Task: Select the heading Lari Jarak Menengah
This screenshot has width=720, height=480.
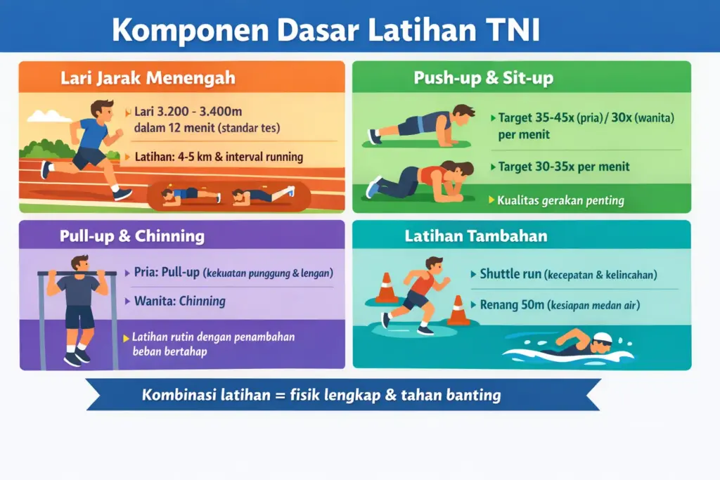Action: (x=148, y=78)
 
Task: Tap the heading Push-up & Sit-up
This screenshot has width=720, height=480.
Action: (x=483, y=78)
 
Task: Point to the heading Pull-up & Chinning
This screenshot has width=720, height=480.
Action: (x=132, y=236)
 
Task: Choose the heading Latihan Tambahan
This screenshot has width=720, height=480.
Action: (x=475, y=236)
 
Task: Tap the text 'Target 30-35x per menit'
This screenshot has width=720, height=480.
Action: (x=564, y=167)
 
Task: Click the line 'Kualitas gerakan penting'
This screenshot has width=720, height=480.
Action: (x=560, y=200)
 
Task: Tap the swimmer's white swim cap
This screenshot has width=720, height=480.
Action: (x=603, y=338)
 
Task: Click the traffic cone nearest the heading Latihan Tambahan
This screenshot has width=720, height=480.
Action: (x=386, y=289)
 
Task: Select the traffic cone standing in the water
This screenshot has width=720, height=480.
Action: (x=458, y=311)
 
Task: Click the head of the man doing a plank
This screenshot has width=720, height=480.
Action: (x=463, y=112)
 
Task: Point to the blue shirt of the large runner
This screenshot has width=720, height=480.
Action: (x=93, y=134)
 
